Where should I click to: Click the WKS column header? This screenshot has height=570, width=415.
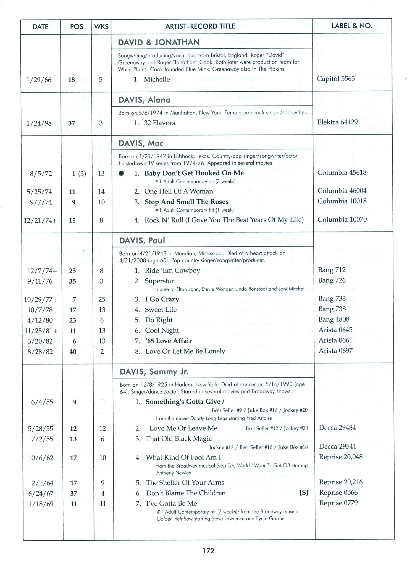click(x=101, y=27)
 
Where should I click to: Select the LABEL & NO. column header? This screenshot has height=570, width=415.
click(x=352, y=26)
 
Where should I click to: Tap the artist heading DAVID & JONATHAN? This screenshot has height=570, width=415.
click(x=159, y=42)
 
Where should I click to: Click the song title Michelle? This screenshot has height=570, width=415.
click(x=157, y=79)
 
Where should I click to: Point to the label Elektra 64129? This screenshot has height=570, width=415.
click(x=337, y=122)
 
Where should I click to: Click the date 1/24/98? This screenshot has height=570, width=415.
click(x=39, y=123)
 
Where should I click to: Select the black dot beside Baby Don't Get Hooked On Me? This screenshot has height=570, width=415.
click(x=122, y=173)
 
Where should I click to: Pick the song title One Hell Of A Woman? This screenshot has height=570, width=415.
click(x=178, y=191)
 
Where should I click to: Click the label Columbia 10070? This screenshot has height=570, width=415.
click(x=342, y=219)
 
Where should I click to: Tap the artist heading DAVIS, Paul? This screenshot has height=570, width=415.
click(x=142, y=240)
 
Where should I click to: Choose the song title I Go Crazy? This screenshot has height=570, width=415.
click(x=162, y=299)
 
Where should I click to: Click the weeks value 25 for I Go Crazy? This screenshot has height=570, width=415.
click(x=102, y=299)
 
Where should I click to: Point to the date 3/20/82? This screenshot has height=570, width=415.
click(x=40, y=341)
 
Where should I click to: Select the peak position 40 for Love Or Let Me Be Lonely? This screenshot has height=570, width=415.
click(x=73, y=352)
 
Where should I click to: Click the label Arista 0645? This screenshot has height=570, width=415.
click(x=335, y=330)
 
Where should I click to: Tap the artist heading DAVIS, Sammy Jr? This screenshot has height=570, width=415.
click(x=154, y=372)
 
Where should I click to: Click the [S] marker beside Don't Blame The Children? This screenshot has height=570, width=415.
click(x=304, y=493)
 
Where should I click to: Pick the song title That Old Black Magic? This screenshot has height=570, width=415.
click(x=178, y=439)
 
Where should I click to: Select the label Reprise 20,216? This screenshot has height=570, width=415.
click(x=341, y=482)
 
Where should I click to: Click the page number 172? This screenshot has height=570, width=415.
click(x=208, y=551)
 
